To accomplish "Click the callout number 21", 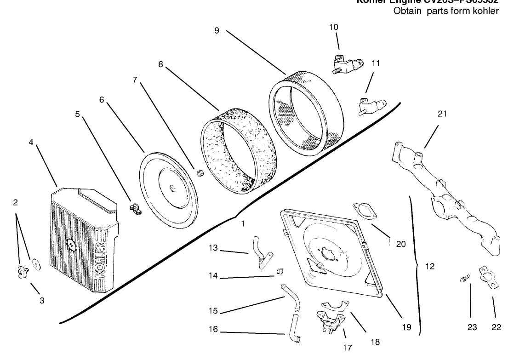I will [442, 114].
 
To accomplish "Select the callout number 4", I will [31, 142].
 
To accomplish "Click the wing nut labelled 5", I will [135, 209].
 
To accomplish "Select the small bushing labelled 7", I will [200, 173].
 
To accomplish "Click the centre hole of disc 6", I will [171, 187].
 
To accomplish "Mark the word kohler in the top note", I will [487, 11].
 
